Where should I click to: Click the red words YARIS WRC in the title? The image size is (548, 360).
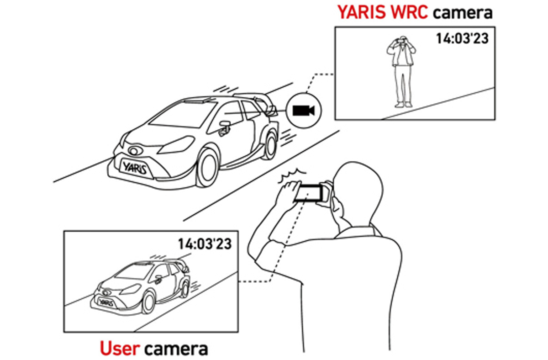pyautogui.click(x=383, y=12)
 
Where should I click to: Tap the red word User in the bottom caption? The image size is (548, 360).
pyautogui.click(x=120, y=348)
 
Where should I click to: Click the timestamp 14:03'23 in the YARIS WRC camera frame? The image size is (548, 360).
pyautogui.click(x=462, y=38)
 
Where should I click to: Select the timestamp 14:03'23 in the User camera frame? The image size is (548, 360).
pyautogui.click(x=205, y=244)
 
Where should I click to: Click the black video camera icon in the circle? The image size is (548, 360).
pyautogui.click(x=303, y=111)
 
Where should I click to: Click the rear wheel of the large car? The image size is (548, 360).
pyautogui.click(x=269, y=146)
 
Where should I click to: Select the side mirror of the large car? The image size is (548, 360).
pyautogui.click(x=225, y=128)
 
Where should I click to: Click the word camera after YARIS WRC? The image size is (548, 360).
pyautogui.click(x=463, y=13)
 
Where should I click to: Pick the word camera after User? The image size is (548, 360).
pyautogui.click(x=176, y=349)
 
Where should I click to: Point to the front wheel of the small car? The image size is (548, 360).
pyautogui.click(x=148, y=303)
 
